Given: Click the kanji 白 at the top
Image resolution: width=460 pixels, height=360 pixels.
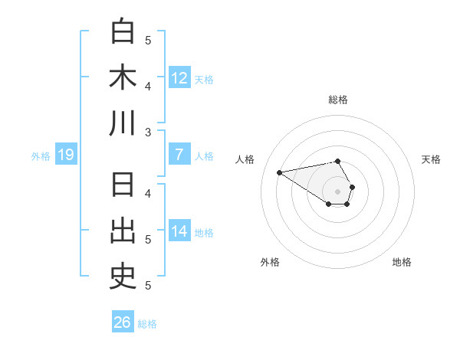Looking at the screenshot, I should [x=123, y=31].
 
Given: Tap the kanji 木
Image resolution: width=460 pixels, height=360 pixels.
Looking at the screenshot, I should [x=123, y=77].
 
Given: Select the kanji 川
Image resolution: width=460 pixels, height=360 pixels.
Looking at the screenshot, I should [x=123, y=123].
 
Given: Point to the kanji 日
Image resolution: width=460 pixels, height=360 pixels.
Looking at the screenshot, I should [x=123, y=186].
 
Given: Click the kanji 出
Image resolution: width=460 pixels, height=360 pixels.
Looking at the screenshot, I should [x=123, y=232].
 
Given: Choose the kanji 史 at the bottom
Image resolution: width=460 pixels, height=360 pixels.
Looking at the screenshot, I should [x=123, y=278].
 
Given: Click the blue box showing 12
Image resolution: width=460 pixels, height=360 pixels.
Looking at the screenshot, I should [x=179, y=77].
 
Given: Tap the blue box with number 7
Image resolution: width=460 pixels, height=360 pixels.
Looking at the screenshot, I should [x=179, y=155].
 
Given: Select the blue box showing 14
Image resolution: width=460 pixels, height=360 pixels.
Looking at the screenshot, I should [x=179, y=232].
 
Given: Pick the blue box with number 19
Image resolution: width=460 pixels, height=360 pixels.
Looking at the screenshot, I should [x=66, y=155].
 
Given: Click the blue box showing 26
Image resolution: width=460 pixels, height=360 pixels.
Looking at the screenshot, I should [x=123, y=322].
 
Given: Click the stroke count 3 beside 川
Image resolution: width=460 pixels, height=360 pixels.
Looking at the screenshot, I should [x=148, y=133].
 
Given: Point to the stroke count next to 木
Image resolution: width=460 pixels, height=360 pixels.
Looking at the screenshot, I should [x=148, y=87].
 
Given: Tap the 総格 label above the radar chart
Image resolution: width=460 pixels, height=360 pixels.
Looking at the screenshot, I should [x=338, y=100].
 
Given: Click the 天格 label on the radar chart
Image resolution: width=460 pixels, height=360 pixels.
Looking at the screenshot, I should [x=432, y=159].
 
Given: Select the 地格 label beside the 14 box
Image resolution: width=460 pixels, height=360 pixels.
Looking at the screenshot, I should [x=205, y=233].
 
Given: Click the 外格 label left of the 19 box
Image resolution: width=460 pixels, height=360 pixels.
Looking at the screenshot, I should [x=41, y=156].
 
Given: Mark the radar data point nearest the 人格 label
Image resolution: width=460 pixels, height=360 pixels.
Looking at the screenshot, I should [x=280, y=172].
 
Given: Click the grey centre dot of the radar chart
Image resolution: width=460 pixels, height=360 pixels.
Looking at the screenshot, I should [x=338, y=191].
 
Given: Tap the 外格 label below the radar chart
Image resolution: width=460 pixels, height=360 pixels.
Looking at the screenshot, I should [x=270, y=262].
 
